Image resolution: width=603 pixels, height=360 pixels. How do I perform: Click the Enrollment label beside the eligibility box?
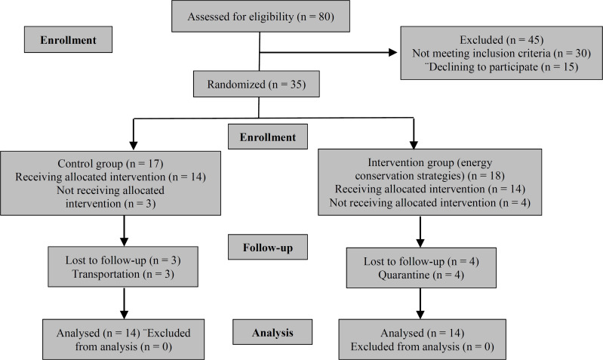point(68,38)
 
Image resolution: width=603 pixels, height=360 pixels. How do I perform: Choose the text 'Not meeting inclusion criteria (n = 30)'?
point(501,54)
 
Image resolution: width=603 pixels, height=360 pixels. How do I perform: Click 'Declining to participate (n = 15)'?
point(500,67)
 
